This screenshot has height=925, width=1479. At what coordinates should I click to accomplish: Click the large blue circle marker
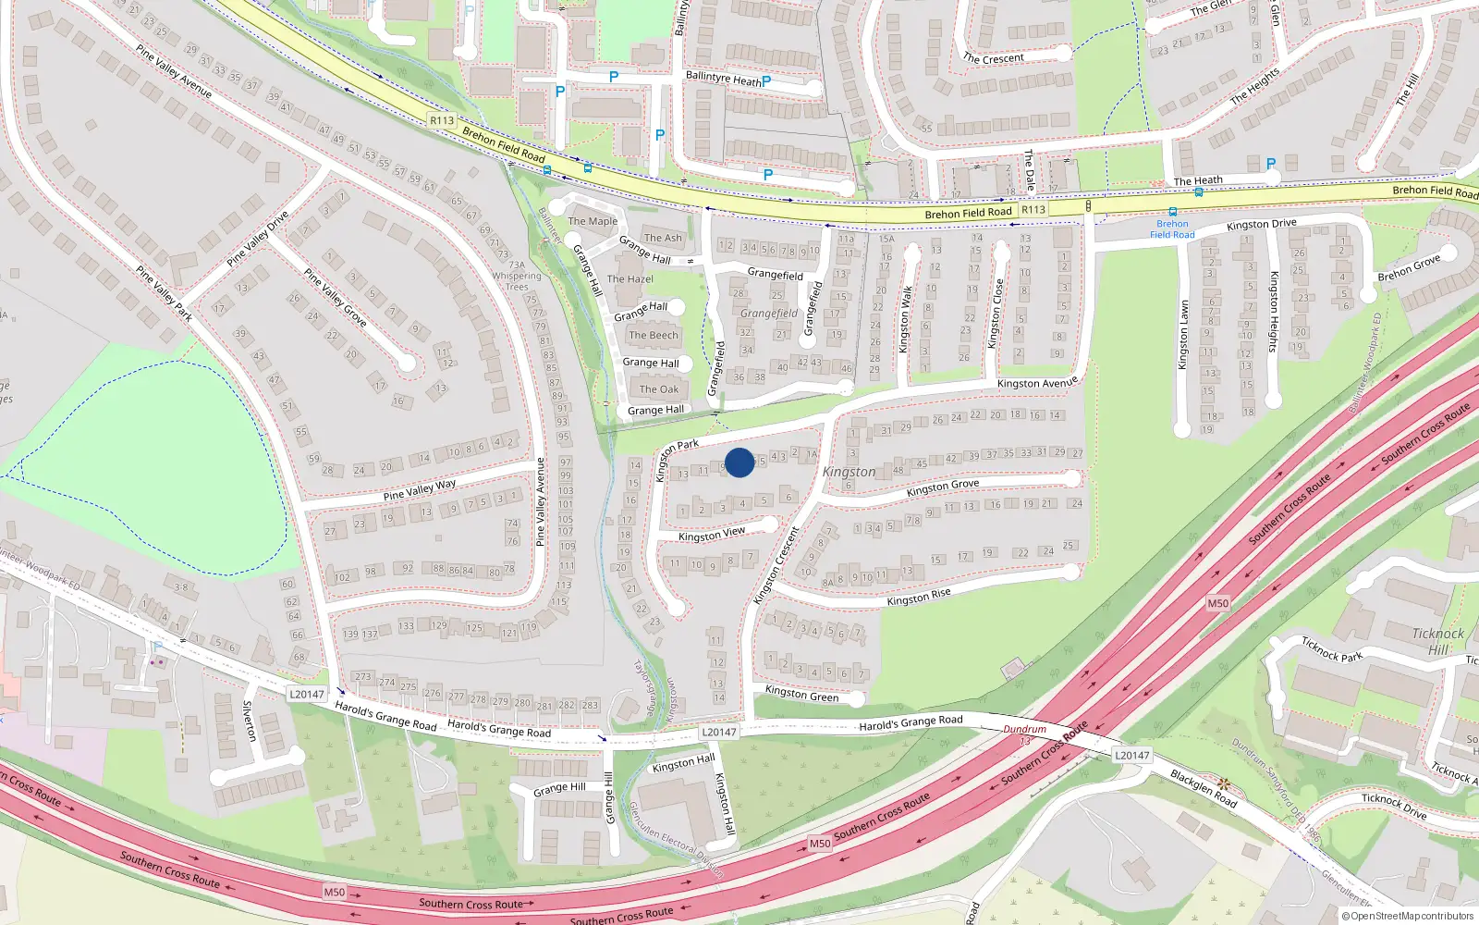(x=739, y=462)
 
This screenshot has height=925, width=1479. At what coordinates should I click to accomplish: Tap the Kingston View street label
(x=711, y=535)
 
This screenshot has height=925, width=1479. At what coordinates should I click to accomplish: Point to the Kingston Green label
(x=801, y=694)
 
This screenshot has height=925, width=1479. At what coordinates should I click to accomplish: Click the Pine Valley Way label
(x=420, y=489)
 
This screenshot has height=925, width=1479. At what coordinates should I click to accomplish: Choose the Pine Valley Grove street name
(x=335, y=297)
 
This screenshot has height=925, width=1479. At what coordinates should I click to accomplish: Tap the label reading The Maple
(x=593, y=221)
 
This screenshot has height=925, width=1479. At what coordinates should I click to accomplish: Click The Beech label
(x=654, y=335)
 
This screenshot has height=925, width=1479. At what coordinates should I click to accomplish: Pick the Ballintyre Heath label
(x=724, y=79)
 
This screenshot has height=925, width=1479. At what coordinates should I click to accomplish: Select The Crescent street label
(x=993, y=58)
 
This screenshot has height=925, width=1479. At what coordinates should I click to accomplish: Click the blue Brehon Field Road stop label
(x=1172, y=228)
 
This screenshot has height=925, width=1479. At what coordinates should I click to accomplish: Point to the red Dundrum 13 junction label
(x=1024, y=734)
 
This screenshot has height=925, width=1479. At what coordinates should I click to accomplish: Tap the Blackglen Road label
(x=1204, y=788)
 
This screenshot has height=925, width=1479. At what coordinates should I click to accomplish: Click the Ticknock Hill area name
(x=1437, y=641)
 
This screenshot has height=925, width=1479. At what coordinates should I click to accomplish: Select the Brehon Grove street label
(x=1409, y=268)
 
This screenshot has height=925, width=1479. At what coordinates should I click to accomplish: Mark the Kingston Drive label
(x=1261, y=225)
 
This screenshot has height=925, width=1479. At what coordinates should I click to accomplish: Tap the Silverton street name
(x=248, y=721)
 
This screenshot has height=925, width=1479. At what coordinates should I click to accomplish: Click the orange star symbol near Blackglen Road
(x=1224, y=783)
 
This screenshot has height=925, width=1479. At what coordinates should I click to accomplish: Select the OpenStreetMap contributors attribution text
(x=1408, y=916)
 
